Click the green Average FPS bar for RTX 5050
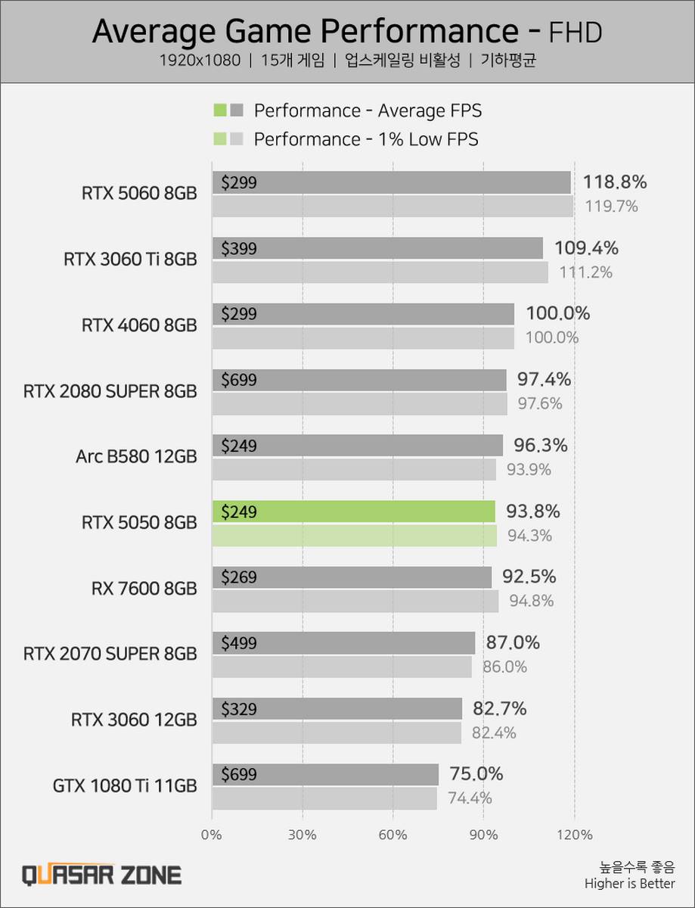pyautogui.click(x=353, y=512)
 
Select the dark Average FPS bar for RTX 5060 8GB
pyautogui.click(x=391, y=182)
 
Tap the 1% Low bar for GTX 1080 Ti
pyautogui.click(x=324, y=798)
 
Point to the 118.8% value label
pyautogui.click(x=615, y=182)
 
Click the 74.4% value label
pyautogui.click(x=470, y=798)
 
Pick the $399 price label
pyautogui.click(x=239, y=248)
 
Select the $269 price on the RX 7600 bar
pyautogui.click(x=239, y=577)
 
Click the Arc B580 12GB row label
pyautogui.click(x=136, y=456)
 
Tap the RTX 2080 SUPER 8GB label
pyautogui.click(x=110, y=391)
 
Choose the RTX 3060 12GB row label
pyautogui.click(x=134, y=720)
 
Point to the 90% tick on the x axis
pyautogui.click(x=483, y=835)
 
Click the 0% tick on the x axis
pyautogui.click(x=212, y=835)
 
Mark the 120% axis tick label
pyautogui.click(x=575, y=835)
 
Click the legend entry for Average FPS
pyautogui.click(x=368, y=110)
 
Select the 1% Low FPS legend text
pyautogui.click(x=366, y=139)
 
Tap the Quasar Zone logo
pyautogui.click(x=101, y=875)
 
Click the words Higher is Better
pyautogui.click(x=629, y=884)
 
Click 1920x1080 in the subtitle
pyautogui.click(x=200, y=61)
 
